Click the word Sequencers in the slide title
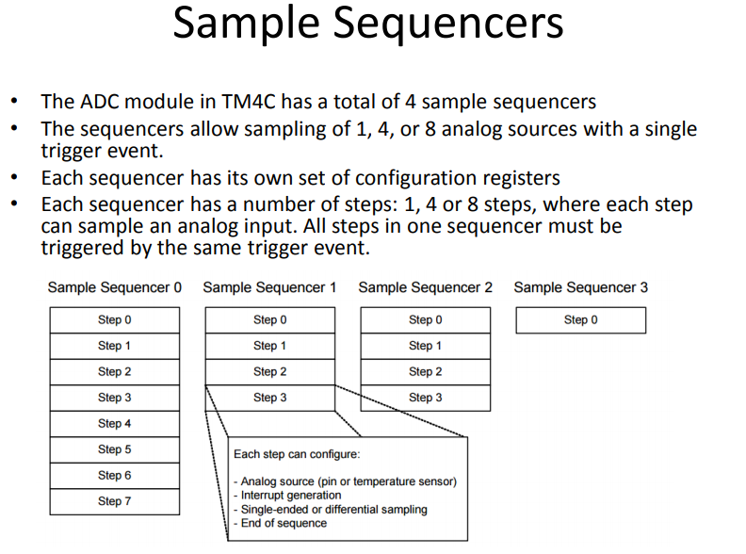447,24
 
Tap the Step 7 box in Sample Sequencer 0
115,501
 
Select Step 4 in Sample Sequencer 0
115,424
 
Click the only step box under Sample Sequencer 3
581,319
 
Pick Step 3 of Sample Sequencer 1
270,398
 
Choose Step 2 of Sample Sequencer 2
426,372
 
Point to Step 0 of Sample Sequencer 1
270,319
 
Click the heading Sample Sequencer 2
426,287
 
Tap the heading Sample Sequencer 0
115,287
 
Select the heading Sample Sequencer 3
581,287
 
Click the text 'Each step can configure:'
297,454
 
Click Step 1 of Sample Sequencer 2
426,346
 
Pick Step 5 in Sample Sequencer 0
115,449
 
